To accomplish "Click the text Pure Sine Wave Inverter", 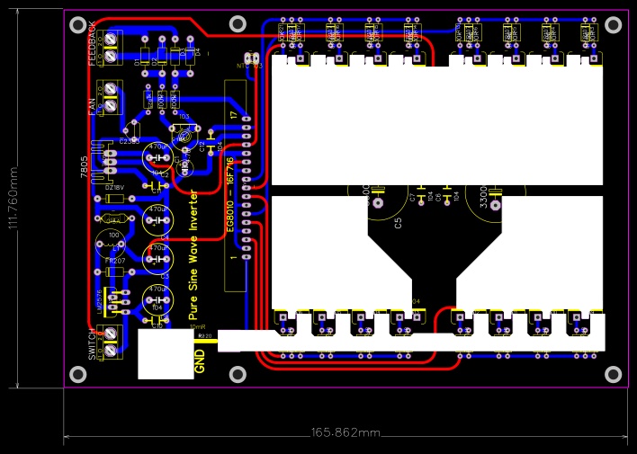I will (x=193, y=255).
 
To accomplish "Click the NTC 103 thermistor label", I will (x=249, y=66).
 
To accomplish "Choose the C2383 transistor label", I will (x=130, y=141).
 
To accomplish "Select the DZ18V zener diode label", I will (x=114, y=187).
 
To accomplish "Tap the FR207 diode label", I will (x=114, y=260).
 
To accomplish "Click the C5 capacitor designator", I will (x=399, y=222).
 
